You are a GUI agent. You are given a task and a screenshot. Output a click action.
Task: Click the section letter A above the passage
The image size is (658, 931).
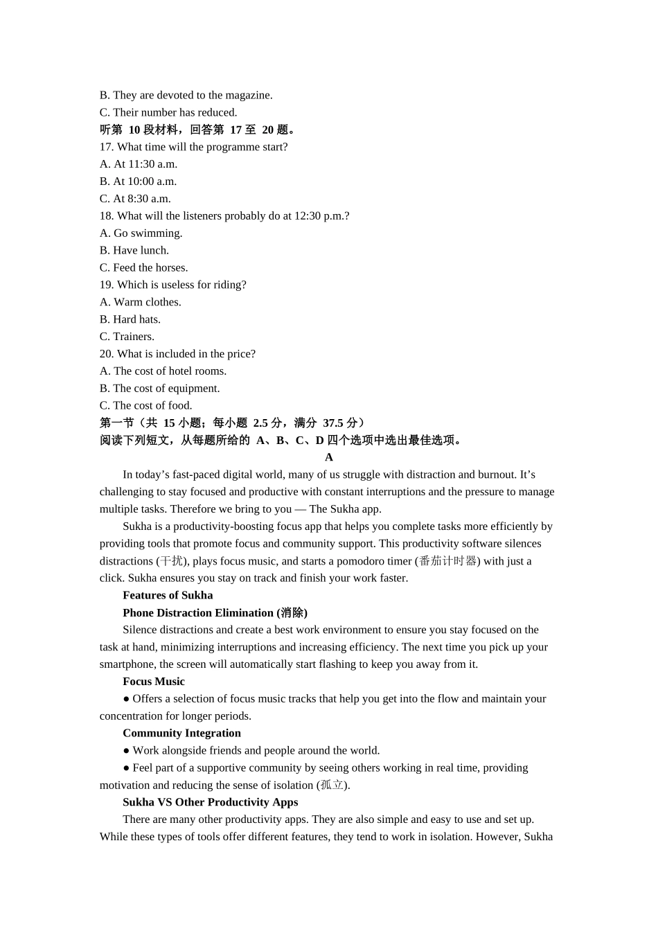329,457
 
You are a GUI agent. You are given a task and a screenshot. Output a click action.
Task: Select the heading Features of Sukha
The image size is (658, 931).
168,595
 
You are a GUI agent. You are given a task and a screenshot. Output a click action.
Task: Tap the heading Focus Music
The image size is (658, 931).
154,682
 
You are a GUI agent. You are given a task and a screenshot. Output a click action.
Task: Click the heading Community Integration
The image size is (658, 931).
181,733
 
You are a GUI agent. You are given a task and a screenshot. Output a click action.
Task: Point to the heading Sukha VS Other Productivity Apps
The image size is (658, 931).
210,802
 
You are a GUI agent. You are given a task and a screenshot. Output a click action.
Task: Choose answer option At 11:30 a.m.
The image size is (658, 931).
139,164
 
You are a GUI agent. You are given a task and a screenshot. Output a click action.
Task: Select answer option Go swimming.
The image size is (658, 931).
141,233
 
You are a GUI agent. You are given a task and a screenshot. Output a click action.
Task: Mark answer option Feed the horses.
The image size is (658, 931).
143,267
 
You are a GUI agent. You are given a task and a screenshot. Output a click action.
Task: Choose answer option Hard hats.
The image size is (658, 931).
130,319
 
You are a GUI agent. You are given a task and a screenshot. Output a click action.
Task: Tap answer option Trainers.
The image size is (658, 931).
127,337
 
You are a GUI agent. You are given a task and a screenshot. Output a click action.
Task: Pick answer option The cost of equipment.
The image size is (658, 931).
159,389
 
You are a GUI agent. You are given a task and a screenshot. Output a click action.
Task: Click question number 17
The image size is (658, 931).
106,147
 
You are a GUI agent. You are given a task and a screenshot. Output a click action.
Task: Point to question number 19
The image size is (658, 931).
106,285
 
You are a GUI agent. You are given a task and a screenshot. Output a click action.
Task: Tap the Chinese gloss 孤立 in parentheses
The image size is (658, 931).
332,785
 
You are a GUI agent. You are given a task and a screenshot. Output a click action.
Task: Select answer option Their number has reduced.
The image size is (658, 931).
168,112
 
